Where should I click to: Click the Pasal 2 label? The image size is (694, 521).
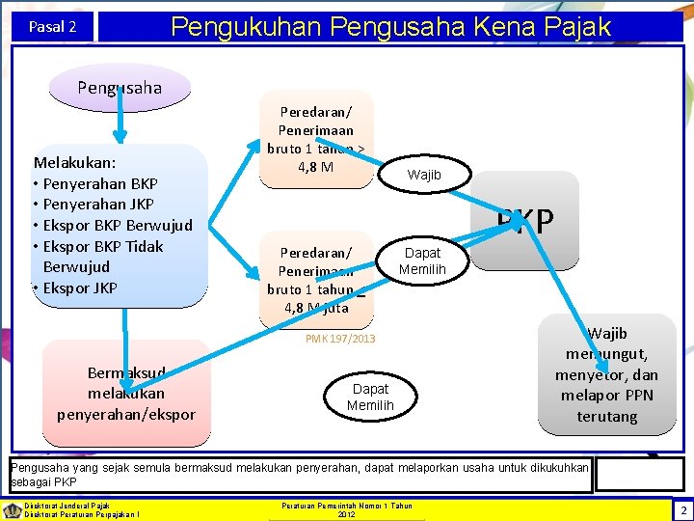(x=53, y=27)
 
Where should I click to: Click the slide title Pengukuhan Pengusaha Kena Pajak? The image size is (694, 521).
(x=390, y=26)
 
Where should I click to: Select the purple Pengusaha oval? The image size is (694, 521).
(x=120, y=88)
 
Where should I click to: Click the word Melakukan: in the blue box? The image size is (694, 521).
(x=74, y=162)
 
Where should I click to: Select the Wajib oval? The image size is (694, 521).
(x=425, y=175)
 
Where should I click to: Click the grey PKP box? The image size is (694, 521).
(x=526, y=221)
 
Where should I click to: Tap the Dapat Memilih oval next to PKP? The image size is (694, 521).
(x=422, y=260)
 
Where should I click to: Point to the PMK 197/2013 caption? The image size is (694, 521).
(x=340, y=339)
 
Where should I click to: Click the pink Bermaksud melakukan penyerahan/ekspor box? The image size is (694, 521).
(x=126, y=393)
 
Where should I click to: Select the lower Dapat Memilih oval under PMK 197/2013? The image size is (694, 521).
(x=370, y=397)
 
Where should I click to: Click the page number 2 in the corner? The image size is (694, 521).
(x=682, y=509)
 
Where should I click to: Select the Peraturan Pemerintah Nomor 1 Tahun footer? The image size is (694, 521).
(x=346, y=506)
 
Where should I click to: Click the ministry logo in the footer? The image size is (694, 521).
(x=13, y=509)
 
